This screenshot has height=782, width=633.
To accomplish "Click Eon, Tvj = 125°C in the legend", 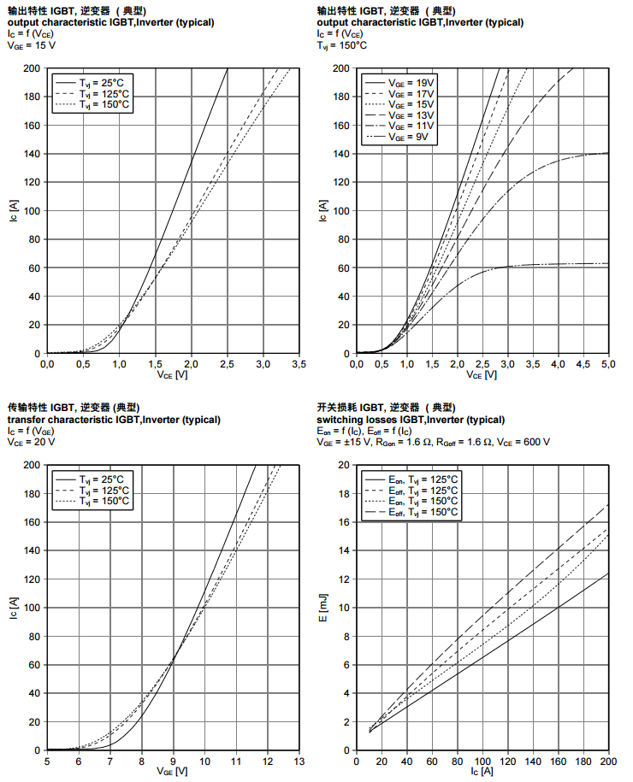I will (x=423, y=479).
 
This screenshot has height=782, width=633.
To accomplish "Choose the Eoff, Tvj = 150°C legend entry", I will (x=423, y=513).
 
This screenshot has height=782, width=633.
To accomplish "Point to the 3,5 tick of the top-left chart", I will (x=299, y=364).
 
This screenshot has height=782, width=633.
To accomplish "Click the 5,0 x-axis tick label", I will (x=609, y=364).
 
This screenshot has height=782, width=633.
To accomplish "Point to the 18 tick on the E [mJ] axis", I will (x=342, y=493).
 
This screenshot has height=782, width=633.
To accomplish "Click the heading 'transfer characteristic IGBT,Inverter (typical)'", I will (x=114, y=420).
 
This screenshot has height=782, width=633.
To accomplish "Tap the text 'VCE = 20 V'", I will (x=32, y=442).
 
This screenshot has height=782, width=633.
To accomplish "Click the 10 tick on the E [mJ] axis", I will (x=342, y=608).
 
